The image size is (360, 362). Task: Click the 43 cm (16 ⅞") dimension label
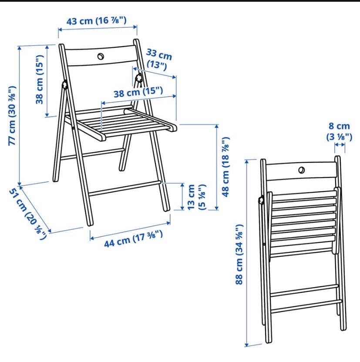coord(97,21)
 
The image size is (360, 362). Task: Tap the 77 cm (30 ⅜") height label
coord(12,116)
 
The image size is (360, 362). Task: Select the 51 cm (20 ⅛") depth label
coord(28,214)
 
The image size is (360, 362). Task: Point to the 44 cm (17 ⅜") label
coord(133,239)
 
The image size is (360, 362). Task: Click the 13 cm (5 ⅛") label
coord(196,197)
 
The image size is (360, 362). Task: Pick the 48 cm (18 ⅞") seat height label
coord(225,167)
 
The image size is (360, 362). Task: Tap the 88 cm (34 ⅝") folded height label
coord(239,254)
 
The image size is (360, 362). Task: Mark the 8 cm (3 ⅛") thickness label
coord(339,131)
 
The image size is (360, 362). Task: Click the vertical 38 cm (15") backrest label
coord(40,80)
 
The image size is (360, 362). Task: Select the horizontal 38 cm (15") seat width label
coord(138,92)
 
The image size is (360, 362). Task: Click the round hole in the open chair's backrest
coord(101,56)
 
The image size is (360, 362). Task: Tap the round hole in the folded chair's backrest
coord(301,170)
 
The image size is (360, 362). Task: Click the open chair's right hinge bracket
coord(139,78)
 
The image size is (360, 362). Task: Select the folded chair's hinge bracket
coord(261,200)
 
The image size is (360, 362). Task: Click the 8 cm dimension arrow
coord(340,144)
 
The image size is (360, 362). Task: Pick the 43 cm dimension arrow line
coord(98,28)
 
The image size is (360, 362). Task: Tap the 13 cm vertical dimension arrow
coord(182,197)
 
